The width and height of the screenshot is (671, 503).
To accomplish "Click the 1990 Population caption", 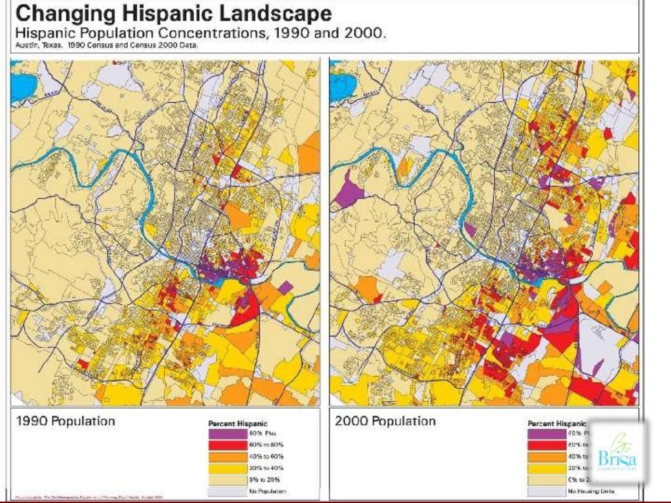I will tap(66, 421).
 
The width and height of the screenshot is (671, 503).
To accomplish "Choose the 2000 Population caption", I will tap(385, 421).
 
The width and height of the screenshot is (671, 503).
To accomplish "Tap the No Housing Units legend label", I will tap(594, 491).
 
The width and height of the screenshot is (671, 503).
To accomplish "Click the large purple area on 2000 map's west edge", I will tap(349, 192).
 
